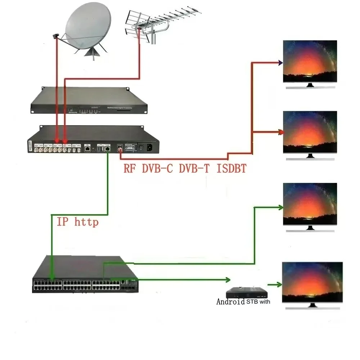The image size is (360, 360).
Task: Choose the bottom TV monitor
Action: click(x=310, y=283)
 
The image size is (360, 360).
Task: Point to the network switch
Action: click(x=85, y=275)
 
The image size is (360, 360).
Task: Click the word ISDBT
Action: click(x=231, y=168)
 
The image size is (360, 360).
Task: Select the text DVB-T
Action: click(x=194, y=168)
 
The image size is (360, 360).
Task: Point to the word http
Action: click(x=86, y=222)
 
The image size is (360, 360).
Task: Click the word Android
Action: click(x=230, y=302)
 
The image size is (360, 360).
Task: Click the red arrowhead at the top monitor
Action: click(x=280, y=63)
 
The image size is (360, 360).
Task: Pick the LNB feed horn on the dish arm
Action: click(x=56, y=36)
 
